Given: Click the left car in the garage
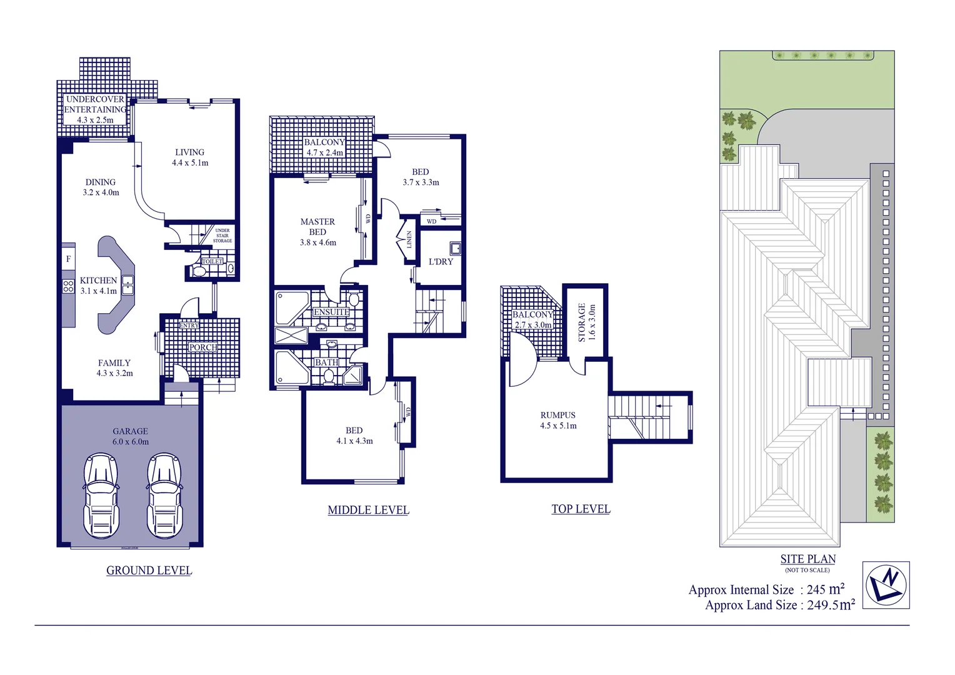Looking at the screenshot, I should (x=101, y=496).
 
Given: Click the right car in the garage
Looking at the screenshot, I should (x=164, y=496).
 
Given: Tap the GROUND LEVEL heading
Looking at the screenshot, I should (x=149, y=570).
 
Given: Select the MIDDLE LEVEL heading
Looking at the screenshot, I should (x=368, y=510).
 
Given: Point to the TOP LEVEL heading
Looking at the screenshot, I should (x=581, y=509).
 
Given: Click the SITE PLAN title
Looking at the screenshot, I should (x=807, y=559).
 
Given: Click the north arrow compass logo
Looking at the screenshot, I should (x=886, y=585).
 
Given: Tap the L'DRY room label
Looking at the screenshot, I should (x=441, y=261).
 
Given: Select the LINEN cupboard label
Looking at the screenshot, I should (x=409, y=239).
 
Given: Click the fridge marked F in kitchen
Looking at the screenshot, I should (x=68, y=259).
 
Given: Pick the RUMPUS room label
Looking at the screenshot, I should (x=557, y=415).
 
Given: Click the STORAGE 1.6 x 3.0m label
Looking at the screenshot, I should (x=586, y=322).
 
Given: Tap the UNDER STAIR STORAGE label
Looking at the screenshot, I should (x=222, y=236).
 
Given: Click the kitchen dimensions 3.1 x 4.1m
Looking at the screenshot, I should (x=98, y=291).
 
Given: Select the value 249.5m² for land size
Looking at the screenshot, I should (x=831, y=605).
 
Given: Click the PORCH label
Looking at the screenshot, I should (x=203, y=347).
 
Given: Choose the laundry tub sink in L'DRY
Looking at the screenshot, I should (x=456, y=249).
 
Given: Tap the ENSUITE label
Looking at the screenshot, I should (x=331, y=312).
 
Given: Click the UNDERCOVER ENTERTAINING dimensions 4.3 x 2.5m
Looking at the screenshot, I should (x=95, y=120).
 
